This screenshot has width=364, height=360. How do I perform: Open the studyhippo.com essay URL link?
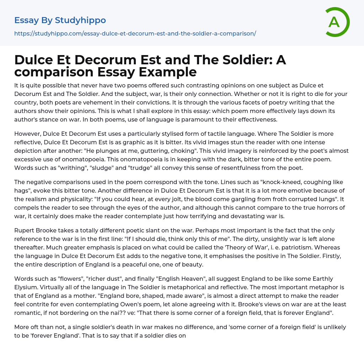(x=135, y=33)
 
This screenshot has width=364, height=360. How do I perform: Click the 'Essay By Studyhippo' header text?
(x=60, y=20)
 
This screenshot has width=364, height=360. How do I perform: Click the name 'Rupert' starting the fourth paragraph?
(x=25, y=231)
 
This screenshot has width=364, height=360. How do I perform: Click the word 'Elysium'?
(x=26, y=288)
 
